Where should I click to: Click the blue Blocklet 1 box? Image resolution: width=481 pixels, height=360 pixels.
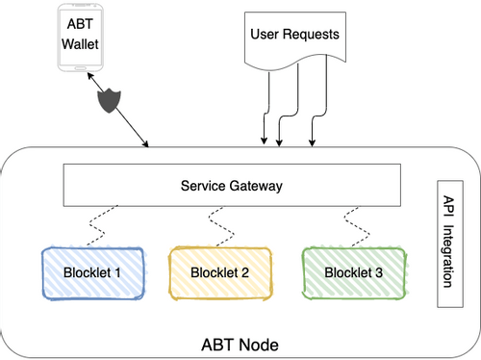coord(92,273)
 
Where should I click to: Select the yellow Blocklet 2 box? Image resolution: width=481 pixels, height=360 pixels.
coord(220,273)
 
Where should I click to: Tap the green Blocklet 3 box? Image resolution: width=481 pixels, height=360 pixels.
coord(354,273)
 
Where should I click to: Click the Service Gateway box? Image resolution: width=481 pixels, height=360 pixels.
coord(232,185)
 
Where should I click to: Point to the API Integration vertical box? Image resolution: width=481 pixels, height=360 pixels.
coord(450,244)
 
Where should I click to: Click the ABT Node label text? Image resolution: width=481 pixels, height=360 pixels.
coord(240,345)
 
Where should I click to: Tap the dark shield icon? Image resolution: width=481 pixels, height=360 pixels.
coord(110,100)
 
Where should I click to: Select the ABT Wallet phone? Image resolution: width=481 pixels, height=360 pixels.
coord(80,38)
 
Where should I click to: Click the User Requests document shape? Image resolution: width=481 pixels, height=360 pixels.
coord(295,41)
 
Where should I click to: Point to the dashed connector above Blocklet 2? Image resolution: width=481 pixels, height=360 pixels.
coord(221,226)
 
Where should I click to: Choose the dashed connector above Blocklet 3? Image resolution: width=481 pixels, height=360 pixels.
coord(357,226)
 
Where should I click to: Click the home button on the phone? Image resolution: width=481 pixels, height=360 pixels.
coord(80,68)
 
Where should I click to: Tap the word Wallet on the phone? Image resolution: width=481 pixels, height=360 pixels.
coord(80,44)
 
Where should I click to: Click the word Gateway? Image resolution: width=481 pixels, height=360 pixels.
coord(256,186)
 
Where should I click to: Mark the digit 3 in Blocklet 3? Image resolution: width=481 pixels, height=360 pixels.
coord(379,272)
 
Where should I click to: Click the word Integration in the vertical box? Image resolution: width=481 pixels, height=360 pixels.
coord(448,256)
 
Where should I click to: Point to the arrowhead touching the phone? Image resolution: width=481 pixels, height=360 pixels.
coord(90,76)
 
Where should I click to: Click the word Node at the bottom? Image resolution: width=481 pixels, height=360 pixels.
coord(259,345)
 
